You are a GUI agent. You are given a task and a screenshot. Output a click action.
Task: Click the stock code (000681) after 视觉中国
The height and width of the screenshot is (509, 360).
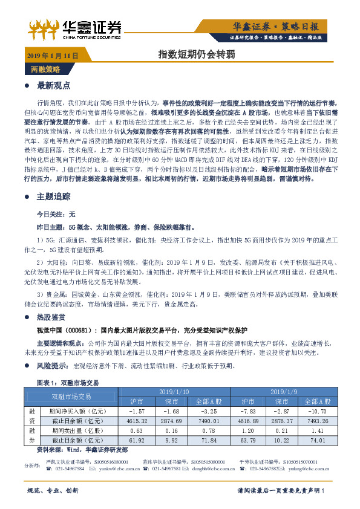click(x=77, y=330)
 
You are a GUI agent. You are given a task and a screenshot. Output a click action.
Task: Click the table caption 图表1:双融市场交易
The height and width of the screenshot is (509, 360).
click(x=68, y=383)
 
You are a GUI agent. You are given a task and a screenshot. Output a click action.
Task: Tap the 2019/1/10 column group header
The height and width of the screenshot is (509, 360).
click(x=174, y=391)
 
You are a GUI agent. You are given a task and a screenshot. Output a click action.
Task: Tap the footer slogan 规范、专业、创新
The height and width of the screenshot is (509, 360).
click(x=53, y=490)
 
